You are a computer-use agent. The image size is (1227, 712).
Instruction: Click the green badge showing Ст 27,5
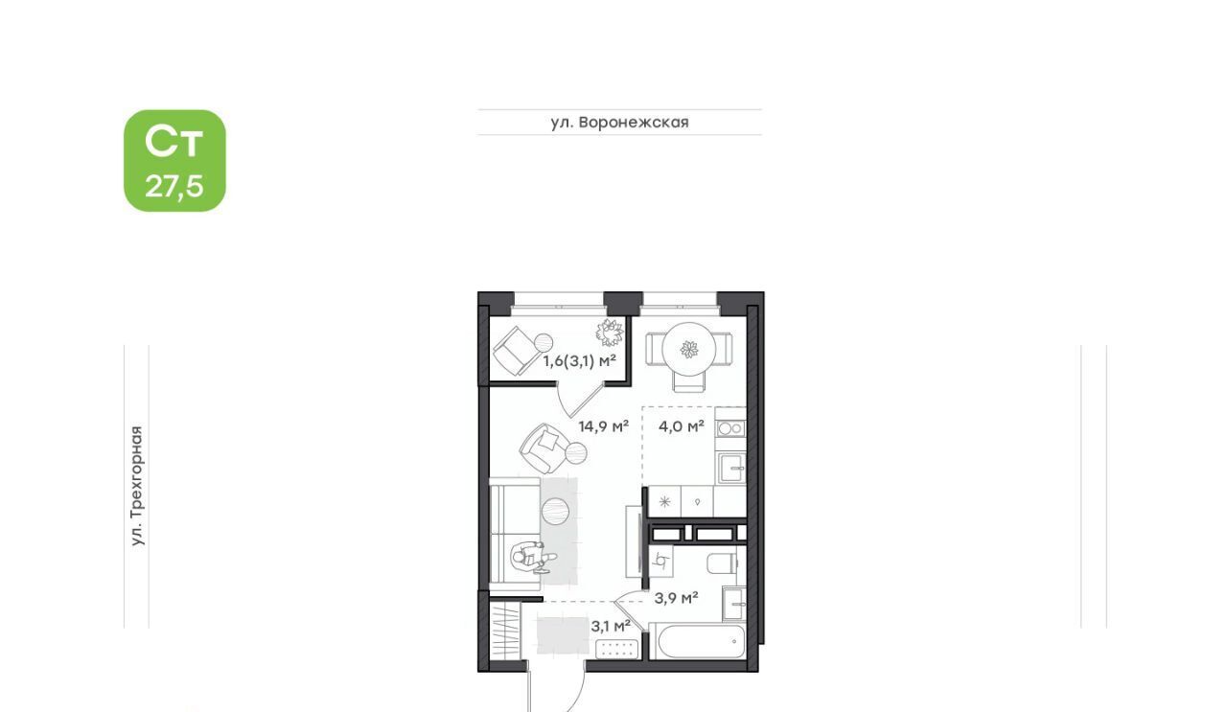tap(174, 160)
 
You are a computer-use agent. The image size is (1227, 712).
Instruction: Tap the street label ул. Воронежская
tap(619, 122)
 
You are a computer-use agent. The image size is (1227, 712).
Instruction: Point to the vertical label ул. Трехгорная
tap(137, 486)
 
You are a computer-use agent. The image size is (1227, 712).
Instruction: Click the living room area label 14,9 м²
tap(604, 426)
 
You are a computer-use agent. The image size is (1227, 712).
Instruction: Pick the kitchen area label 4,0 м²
tap(682, 426)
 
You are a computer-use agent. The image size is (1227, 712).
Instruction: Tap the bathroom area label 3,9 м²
tap(676, 598)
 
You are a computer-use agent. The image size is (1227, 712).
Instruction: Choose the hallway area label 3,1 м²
tap(611, 626)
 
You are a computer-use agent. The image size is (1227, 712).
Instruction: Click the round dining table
tap(688, 348)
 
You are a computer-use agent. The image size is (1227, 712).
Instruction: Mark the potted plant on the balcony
tap(610, 333)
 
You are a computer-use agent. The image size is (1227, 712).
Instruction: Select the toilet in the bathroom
tap(723, 563)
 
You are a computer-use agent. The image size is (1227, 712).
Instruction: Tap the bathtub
tap(697, 641)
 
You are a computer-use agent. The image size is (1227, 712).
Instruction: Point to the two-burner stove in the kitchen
tap(730, 428)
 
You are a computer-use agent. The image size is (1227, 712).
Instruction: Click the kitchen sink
tap(731, 469)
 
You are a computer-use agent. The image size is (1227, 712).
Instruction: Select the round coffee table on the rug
tap(555, 511)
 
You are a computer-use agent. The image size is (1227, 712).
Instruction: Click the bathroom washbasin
tap(734, 604)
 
